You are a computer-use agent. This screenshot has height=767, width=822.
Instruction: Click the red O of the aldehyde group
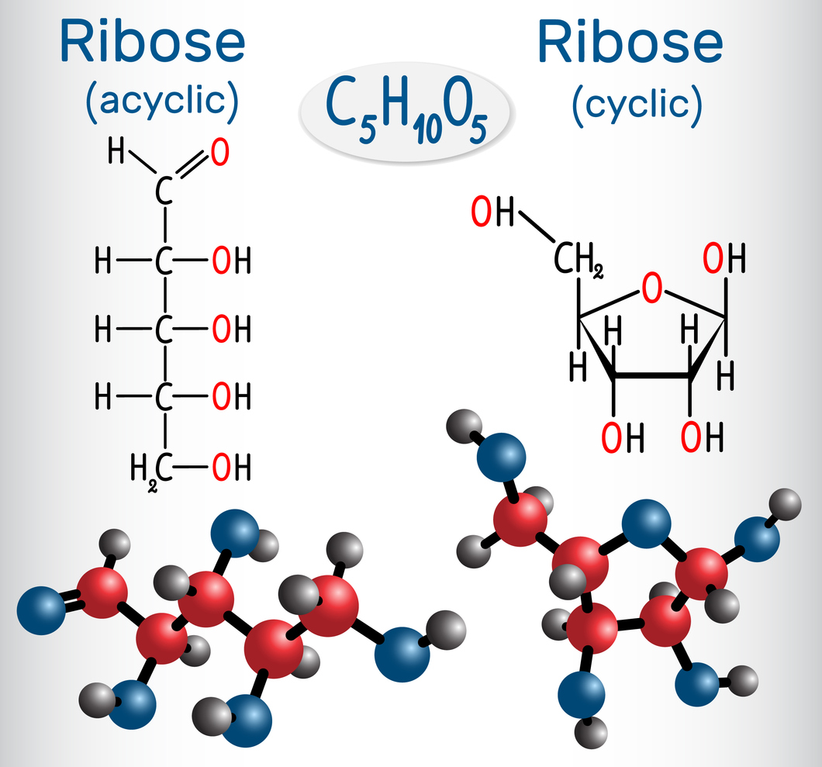pyautogui.click(x=219, y=153)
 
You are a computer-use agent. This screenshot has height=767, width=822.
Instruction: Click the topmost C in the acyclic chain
pyautogui.click(x=163, y=192)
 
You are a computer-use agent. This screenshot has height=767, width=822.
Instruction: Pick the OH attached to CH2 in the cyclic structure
pyautogui.click(x=492, y=212)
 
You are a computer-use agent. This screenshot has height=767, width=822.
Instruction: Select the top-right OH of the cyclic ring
pyautogui.click(x=724, y=259)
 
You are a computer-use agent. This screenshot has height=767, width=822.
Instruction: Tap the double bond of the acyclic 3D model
pyautogui.click(x=70, y=601)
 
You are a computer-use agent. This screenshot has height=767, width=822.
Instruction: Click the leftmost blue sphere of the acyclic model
pyautogui.click(x=40, y=610)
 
